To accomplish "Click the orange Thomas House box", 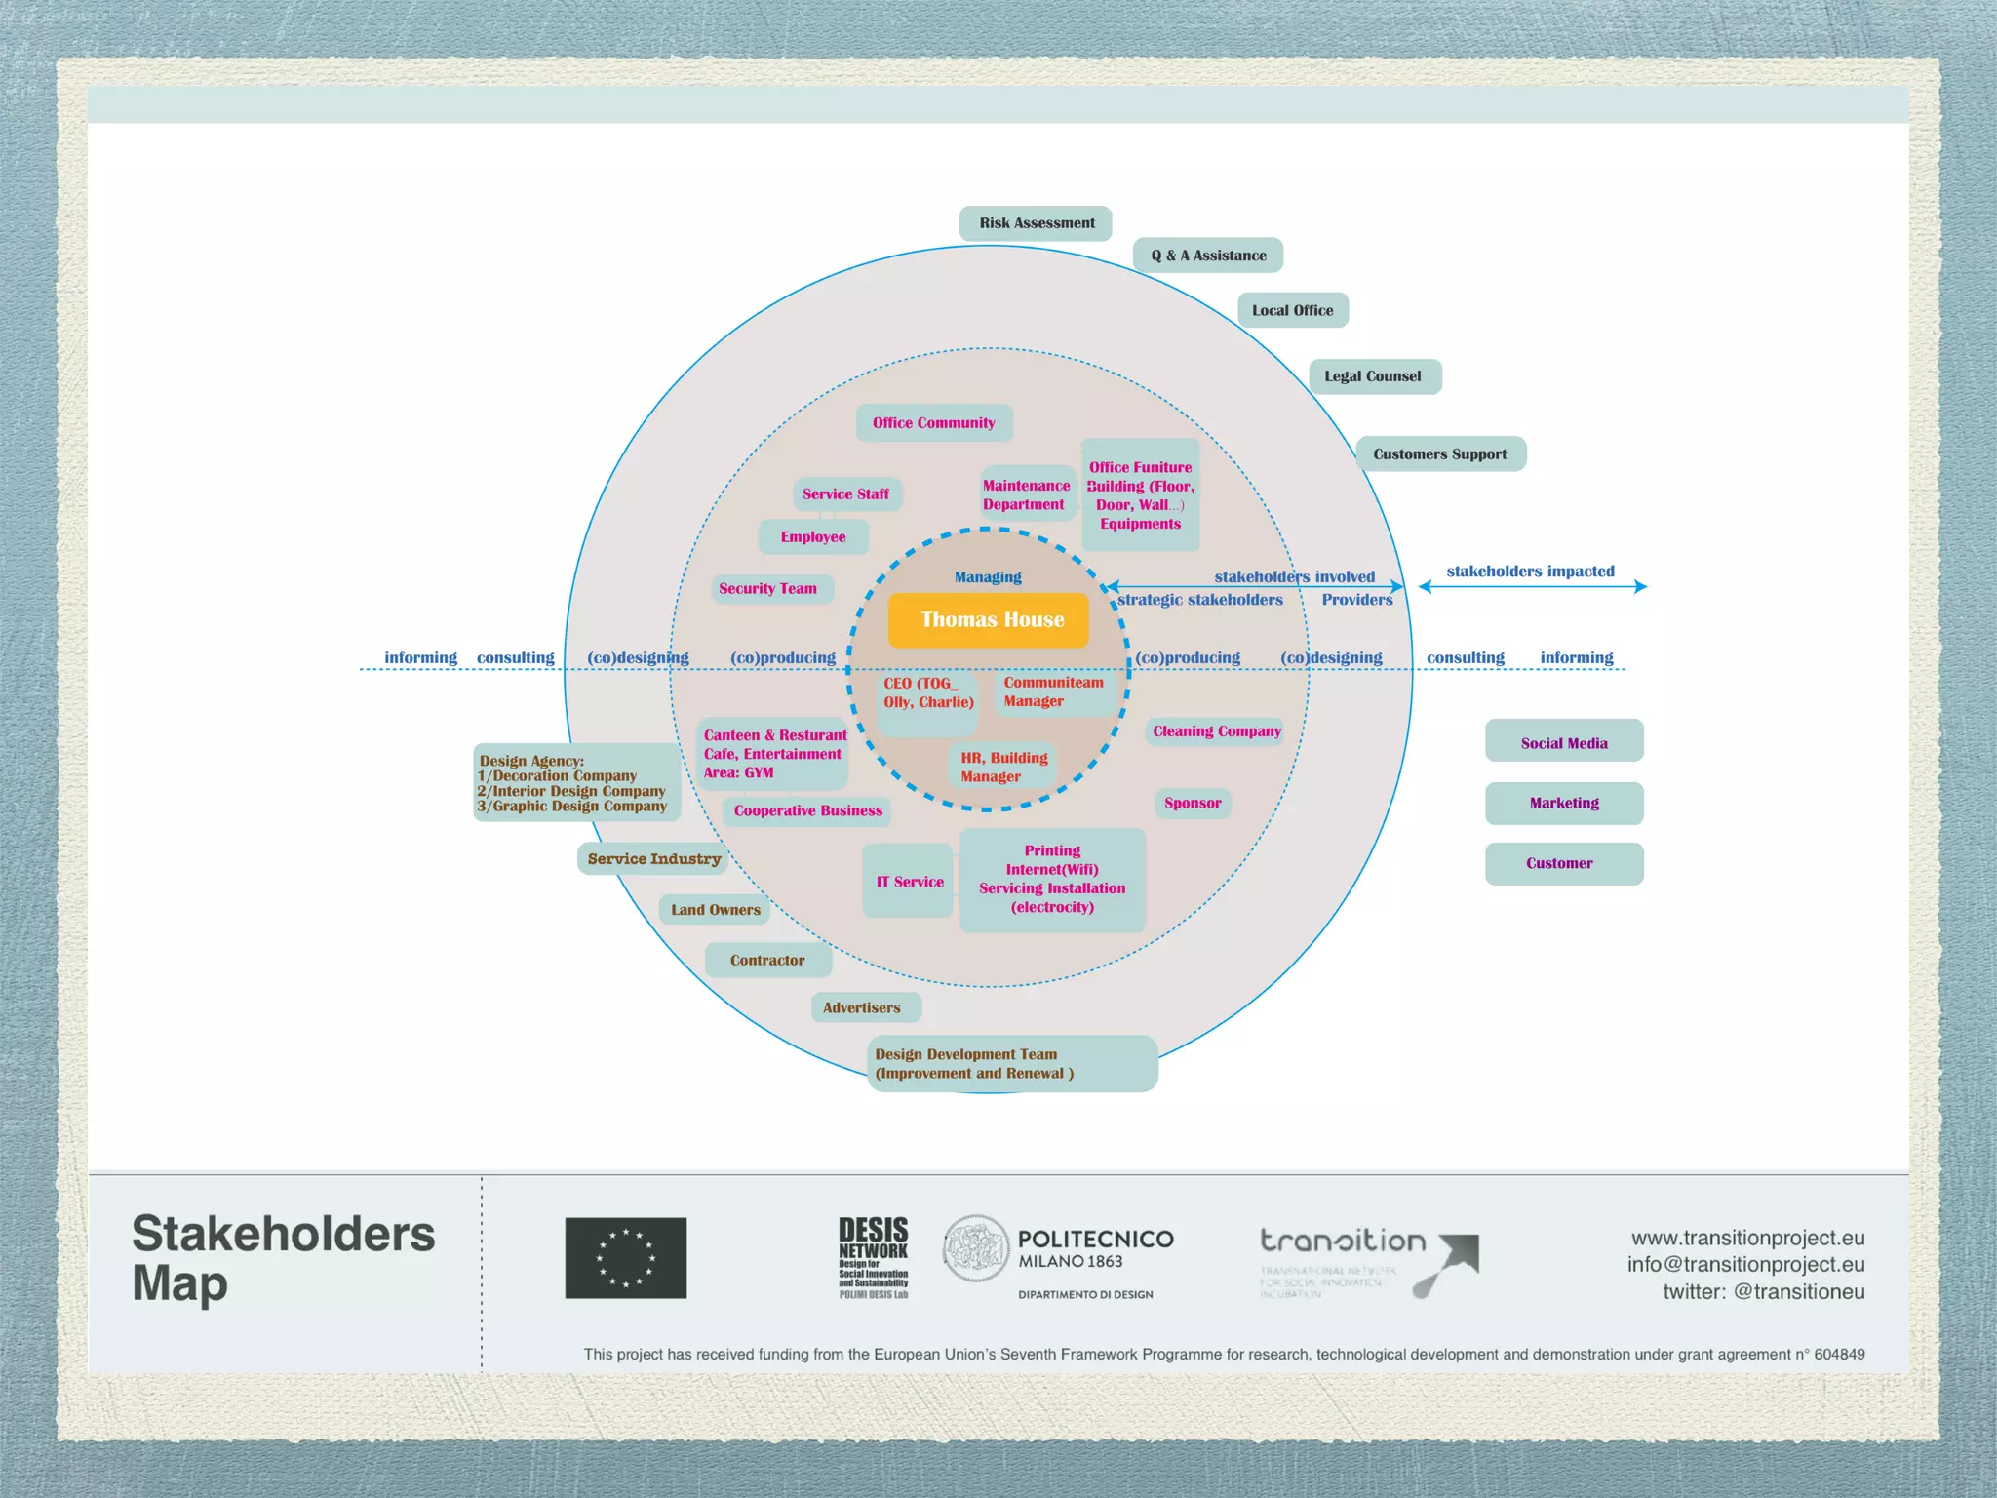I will pos(988,620).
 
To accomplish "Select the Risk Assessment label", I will pos(1036,223).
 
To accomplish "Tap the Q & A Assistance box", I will pos(1208,256).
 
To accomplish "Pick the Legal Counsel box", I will pos(1374,376).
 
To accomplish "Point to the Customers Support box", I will pos(1440,454).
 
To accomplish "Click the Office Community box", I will pos(934,423).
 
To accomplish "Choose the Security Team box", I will pos(769,589).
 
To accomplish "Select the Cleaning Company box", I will pos(1215,731).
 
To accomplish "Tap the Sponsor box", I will pos(1193,804).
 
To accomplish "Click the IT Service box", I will pos(909,882).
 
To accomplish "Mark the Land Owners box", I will pos(715,910).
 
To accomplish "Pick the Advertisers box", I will pos(863,1007).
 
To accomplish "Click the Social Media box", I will pos(1564,742).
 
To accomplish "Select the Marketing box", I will pos(1564,804).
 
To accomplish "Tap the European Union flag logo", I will pos(626,1258).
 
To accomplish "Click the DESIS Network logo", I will pos(873,1257).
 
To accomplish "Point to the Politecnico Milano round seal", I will pos(976,1249).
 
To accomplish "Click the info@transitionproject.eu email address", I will pos(1745,1265).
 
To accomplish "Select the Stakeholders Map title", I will pos(282,1258).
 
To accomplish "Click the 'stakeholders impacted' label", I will pos(1530,572).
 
